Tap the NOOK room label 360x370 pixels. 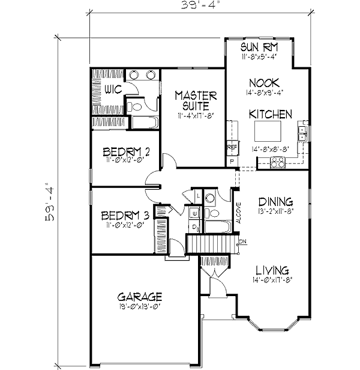pos(262,83)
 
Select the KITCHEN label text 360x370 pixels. pos(271,114)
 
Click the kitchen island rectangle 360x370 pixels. pos(265,130)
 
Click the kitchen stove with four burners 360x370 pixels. pos(277,162)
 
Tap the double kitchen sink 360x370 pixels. pos(303,134)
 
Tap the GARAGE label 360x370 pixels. pos(140,296)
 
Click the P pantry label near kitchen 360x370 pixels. pos(232,162)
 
